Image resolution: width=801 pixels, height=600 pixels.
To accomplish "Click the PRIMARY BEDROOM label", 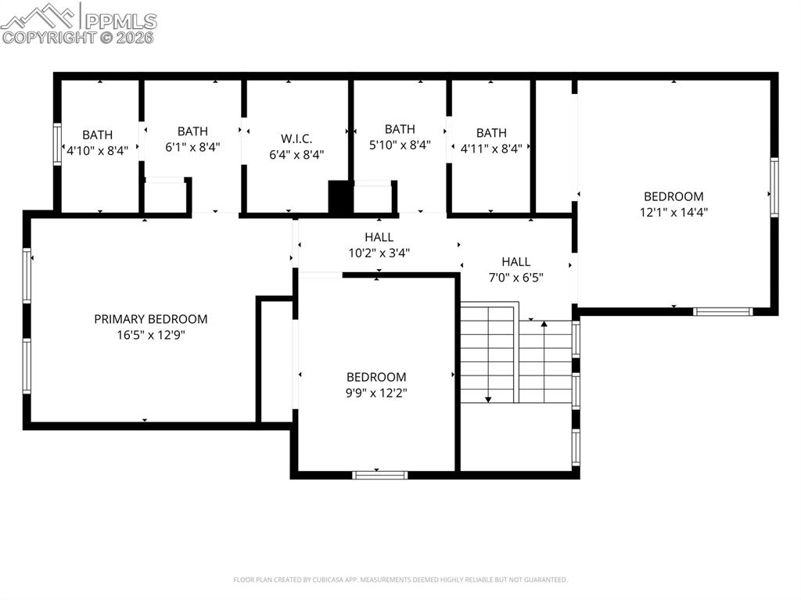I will click(x=151, y=319).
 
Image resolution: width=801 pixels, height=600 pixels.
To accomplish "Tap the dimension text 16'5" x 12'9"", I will click(x=151, y=335).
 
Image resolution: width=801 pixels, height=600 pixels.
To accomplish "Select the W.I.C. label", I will click(x=296, y=138).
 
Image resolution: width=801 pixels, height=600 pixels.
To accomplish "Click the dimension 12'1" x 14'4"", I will click(x=673, y=211).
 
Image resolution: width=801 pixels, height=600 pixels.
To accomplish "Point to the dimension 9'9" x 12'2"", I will click(x=376, y=393).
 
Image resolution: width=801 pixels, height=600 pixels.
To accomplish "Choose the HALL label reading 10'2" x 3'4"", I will click(x=379, y=237).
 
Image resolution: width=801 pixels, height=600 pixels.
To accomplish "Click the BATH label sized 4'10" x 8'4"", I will click(x=98, y=135).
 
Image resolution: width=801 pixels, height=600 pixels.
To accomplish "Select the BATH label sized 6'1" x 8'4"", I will click(x=192, y=131).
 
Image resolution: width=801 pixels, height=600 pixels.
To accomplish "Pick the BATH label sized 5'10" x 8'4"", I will click(x=400, y=129).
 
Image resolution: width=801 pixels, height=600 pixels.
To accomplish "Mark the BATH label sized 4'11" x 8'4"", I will click(x=491, y=133).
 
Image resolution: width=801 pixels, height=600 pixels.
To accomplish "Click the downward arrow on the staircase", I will click(x=488, y=398).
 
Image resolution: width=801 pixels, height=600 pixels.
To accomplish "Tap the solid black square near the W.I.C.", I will click(x=340, y=197).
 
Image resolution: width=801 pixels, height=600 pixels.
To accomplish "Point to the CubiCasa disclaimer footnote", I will click(x=400, y=580).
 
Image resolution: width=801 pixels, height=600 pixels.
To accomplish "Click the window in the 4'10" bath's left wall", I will click(x=57, y=144).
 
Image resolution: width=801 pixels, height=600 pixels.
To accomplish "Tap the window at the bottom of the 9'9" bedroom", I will click(x=379, y=474).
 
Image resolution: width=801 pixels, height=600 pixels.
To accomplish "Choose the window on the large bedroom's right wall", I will click(x=774, y=187).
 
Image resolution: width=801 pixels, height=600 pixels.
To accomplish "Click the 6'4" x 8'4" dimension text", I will click(x=296, y=155).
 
